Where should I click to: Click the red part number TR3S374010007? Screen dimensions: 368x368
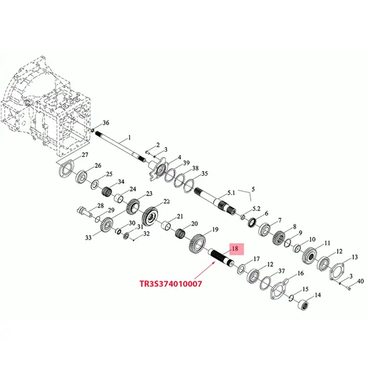tap(170, 283)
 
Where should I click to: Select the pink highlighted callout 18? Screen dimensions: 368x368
tap(235, 249)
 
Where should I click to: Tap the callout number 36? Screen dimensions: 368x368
tap(106, 123)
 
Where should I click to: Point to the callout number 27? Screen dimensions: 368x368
tap(85, 155)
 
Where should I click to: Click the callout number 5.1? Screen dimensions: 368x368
tap(231, 192)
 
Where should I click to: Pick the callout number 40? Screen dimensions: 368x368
tap(360, 281)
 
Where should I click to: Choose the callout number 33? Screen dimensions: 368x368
tap(88, 238)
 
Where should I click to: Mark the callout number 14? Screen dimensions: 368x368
tap(318, 295)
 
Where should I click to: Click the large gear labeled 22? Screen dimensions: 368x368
tap(150, 217)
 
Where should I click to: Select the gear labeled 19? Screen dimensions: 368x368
tap(197, 243)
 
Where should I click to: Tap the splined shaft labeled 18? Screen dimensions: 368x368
tap(221, 258)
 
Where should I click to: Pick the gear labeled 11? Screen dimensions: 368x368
tap(309, 256)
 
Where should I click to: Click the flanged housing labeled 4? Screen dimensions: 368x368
tap(158, 169)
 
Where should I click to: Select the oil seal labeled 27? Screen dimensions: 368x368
tap(66, 169)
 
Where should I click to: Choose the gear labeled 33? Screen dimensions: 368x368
tap(106, 225)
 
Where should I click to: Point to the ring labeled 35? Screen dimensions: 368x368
tap(189, 186)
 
